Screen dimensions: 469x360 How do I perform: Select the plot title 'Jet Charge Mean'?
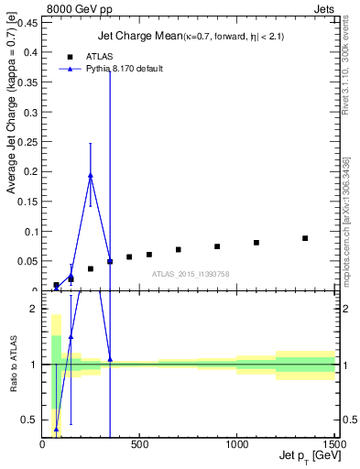pos(132,37)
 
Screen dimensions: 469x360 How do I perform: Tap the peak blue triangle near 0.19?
pos(91,175)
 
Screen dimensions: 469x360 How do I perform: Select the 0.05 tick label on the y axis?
pos(28,261)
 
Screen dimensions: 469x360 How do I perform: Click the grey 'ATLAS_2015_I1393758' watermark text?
pos(190,274)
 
